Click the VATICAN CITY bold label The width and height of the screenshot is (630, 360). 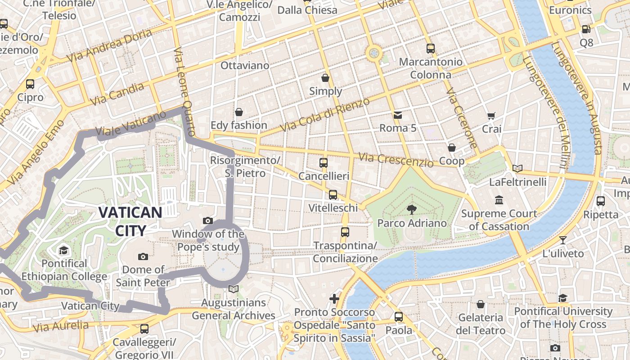(x=130, y=221)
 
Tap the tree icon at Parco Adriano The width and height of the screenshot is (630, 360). (x=411, y=209)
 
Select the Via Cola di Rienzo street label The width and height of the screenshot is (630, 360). (x=324, y=115)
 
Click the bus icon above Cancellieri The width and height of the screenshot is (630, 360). (x=324, y=162)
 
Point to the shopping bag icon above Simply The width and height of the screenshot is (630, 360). (x=325, y=78)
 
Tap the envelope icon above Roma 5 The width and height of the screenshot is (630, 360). (x=398, y=115)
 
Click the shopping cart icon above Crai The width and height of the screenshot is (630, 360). (x=491, y=116)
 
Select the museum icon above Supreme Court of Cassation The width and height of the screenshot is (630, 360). (x=499, y=199)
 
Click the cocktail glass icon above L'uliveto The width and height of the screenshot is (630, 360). (x=562, y=240)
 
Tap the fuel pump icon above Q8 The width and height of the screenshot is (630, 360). (x=586, y=29)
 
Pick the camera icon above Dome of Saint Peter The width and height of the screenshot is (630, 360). (x=143, y=256)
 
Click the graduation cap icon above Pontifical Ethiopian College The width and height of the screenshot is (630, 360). (x=63, y=250)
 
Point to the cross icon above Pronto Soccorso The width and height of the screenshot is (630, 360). (x=334, y=299)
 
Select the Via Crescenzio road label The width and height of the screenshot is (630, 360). (x=396, y=159)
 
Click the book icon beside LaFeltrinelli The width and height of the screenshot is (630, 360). (x=518, y=169)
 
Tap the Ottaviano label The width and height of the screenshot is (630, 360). (x=245, y=66)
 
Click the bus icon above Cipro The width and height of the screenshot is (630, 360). (x=30, y=84)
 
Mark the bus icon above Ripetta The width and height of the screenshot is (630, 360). (x=601, y=201)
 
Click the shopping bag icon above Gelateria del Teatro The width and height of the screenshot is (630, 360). (x=481, y=304)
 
